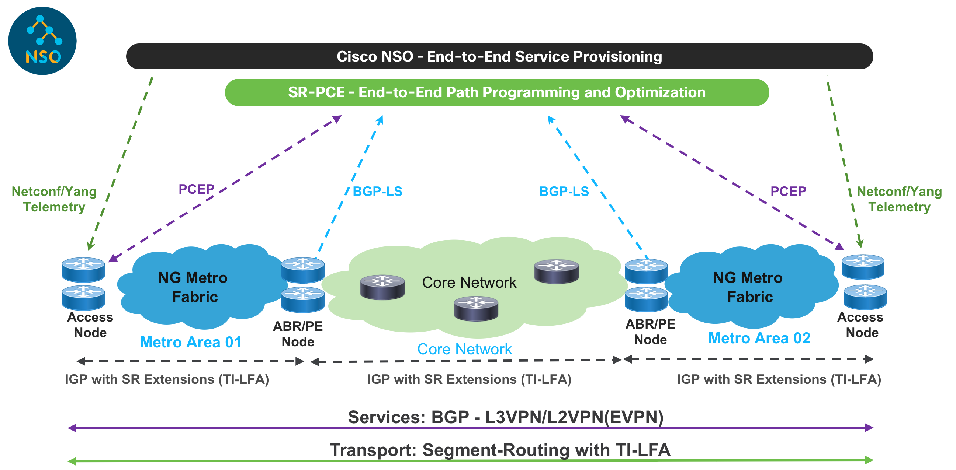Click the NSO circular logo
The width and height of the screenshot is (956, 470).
[x=42, y=41]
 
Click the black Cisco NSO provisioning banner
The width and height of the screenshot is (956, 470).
[x=499, y=56]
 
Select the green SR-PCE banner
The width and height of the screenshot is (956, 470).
[x=496, y=92]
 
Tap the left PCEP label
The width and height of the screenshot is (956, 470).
[x=196, y=189]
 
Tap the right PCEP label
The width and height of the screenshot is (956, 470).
[x=788, y=191]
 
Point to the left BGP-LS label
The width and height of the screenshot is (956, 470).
[x=377, y=191]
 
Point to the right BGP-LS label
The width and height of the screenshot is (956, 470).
[x=564, y=191]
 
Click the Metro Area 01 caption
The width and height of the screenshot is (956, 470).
[x=191, y=342]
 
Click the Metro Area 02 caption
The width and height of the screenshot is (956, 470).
[x=759, y=338]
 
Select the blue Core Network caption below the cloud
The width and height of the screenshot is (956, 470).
[x=464, y=349]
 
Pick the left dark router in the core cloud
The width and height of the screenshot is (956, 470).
[x=382, y=287]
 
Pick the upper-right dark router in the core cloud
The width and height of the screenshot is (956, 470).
[x=556, y=271]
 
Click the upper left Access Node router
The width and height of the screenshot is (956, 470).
[x=83, y=270]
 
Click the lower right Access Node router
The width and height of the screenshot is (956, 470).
[x=865, y=297]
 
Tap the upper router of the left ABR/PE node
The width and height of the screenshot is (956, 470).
[x=303, y=270]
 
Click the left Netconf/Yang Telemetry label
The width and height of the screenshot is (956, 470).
[x=54, y=199]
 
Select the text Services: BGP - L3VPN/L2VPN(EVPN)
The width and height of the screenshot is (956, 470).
[x=505, y=417]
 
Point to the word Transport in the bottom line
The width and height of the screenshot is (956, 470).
[x=373, y=450]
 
